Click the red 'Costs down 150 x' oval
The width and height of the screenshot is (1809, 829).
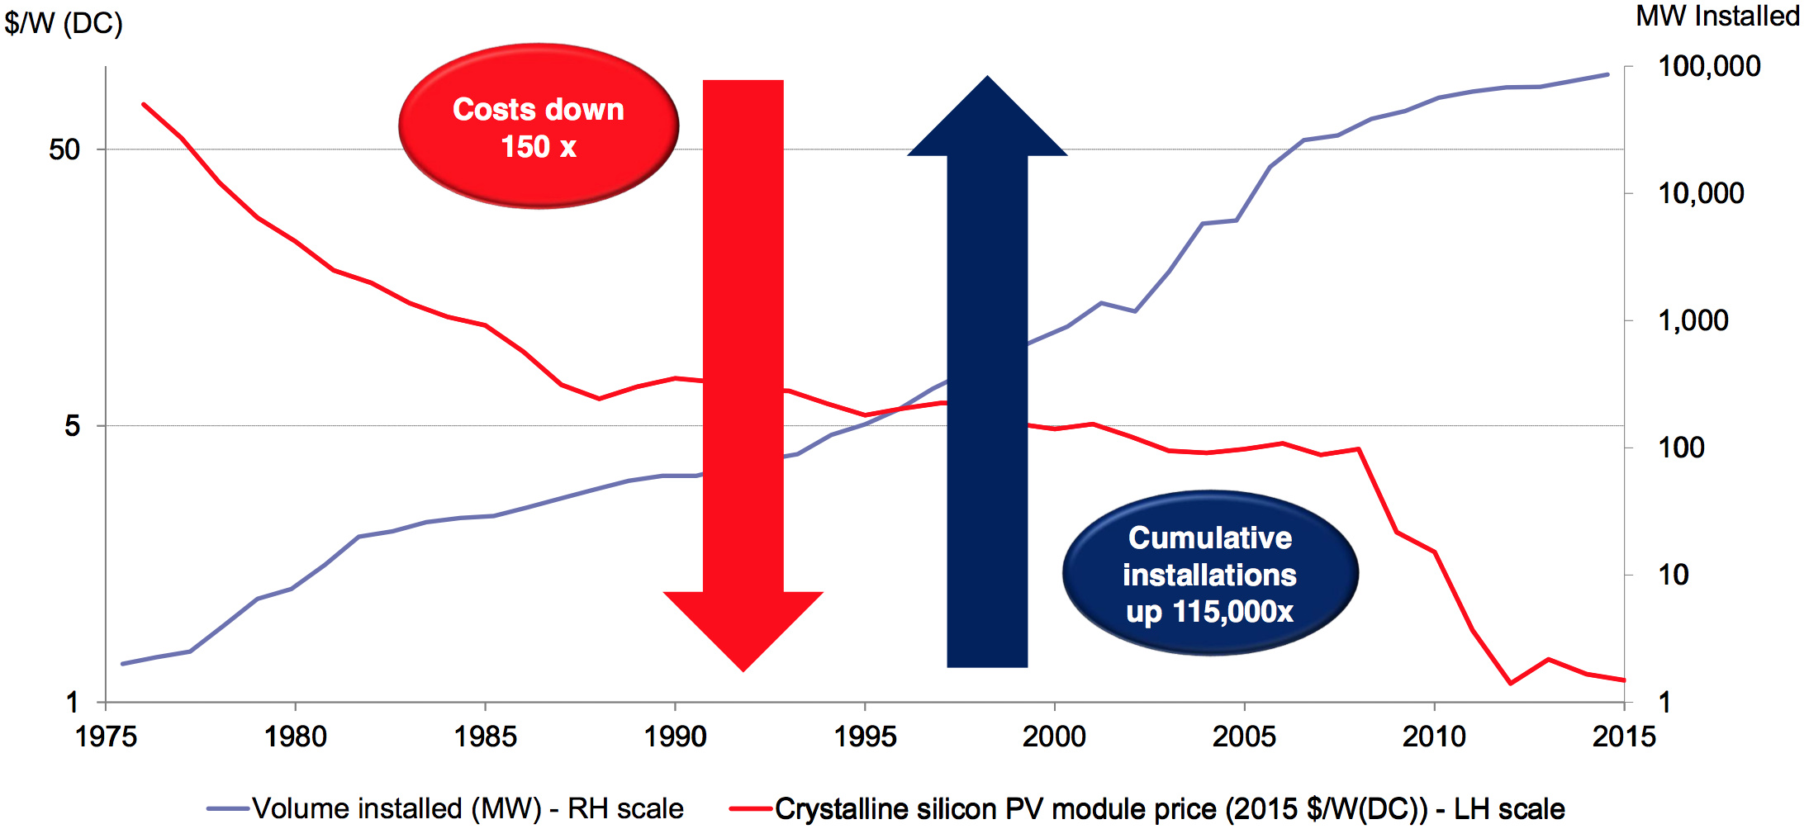[x=539, y=126]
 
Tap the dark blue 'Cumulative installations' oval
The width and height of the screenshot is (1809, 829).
[x=1210, y=574]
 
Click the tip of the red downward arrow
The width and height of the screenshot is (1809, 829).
[x=743, y=670]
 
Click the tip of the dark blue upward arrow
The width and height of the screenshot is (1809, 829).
[x=987, y=78]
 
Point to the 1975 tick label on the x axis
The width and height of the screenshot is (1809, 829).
[x=106, y=736]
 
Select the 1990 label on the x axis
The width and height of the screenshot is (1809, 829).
[x=675, y=736]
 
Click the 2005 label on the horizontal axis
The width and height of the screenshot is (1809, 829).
[x=1244, y=736]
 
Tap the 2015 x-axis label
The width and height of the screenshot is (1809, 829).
[x=1624, y=736]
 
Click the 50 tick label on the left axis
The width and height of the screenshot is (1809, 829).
[x=64, y=149]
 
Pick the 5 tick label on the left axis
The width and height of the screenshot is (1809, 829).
[x=73, y=426]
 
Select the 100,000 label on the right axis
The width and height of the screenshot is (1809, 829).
[x=1709, y=66]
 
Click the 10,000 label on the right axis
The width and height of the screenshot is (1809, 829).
[x=1701, y=193]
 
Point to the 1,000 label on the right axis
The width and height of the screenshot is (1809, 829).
[x=1693, y=320]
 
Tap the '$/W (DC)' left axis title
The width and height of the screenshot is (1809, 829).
[x=64, y=22]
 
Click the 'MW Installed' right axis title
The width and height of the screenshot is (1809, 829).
[x=1717, y=16]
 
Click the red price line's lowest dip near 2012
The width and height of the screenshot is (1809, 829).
[x=1511, y=684]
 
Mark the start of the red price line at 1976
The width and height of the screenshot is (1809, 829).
[x=144, y=104]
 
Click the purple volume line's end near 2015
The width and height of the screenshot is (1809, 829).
[x=1607, y=74]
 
